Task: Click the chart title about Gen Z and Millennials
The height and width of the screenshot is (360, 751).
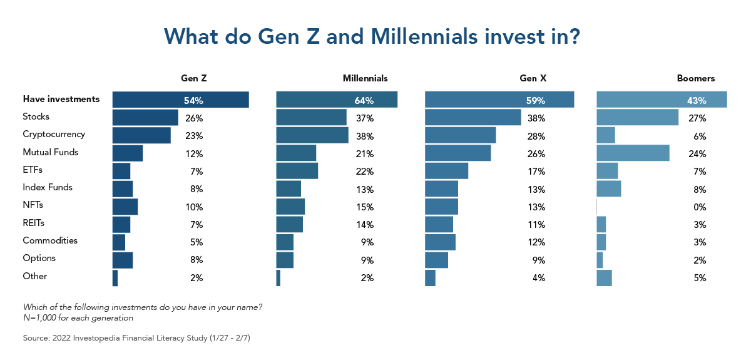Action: (373, 36)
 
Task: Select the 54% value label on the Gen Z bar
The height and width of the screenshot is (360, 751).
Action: (193, 100)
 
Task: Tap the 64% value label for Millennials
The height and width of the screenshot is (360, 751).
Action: (364, 100)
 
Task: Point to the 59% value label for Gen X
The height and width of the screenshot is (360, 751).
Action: (535, 100)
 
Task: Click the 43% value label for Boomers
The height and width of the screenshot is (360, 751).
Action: (697, 100)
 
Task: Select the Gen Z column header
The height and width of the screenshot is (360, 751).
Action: (194, 79)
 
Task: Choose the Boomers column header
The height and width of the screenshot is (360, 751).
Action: (695, 79)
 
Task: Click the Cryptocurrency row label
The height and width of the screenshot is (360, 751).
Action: (54, 135)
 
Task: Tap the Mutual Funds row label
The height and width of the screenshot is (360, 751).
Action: (51, 152)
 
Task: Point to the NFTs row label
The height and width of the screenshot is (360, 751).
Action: (33, 205)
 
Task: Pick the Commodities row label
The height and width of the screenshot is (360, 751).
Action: (50, 240)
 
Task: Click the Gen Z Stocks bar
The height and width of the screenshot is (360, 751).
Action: (145, 117)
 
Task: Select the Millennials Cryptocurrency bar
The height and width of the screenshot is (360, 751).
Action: (312, 135)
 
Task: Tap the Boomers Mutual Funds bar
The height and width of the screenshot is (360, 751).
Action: (633, 153)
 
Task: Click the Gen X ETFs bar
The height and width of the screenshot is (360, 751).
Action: (447, 170)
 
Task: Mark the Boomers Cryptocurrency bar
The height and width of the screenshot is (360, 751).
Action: (606, 135)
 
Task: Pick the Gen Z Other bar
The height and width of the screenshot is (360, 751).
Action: (115, 278)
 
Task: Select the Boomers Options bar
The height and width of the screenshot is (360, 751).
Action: (600, 260)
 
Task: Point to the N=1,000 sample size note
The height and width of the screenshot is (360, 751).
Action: (78, 317)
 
